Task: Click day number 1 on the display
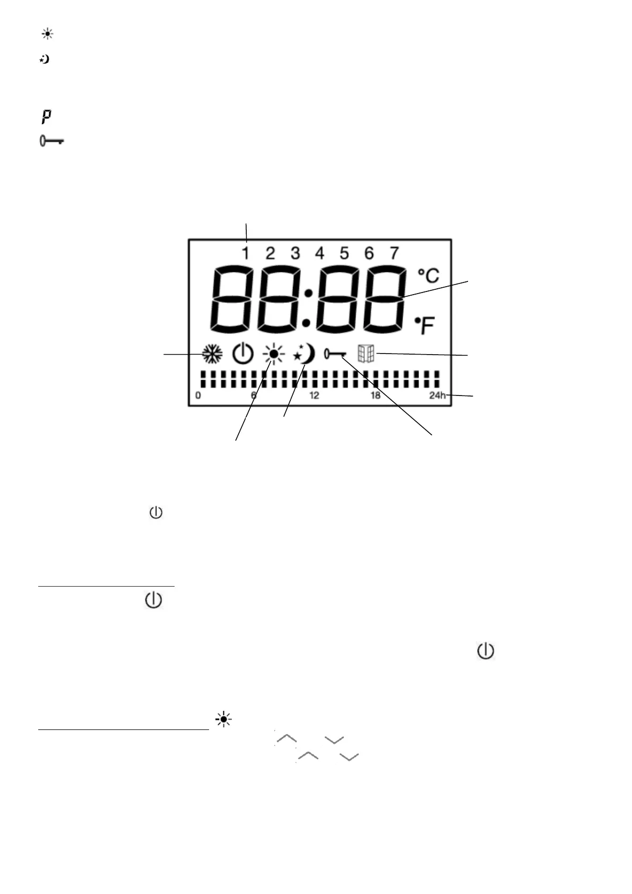pyautogui.click(x=246, y=253)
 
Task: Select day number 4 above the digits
pyautogui.click(x=319, y=253)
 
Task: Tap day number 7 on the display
pyautogui.click(x=394, y=253)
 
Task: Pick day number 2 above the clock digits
pyautogui.click(x=270, y=253)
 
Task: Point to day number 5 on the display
pyautogui.click(x=344, y=253)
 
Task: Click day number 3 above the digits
pyautogui.click(x=295, y=253)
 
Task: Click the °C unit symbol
pyautogui.click(x=429, y=276)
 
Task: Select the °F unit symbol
pyautogui.click(x=426, y=325)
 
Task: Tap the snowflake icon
pyautogui.click(x=212, y=354)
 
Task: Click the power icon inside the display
pyautogui.click(x=243, y=354)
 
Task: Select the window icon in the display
pyautogui.click(x=366, y=354)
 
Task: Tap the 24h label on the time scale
pyautogui.click(x=438, y=396)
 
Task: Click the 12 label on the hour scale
pyautogui.click(x=315, y=396)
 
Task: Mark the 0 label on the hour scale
pyautogui.click(x=198, y=396)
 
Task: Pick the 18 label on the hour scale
pyautogui.click(x=376, y=396)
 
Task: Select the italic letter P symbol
pyautogui.click(x=47, y=117)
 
